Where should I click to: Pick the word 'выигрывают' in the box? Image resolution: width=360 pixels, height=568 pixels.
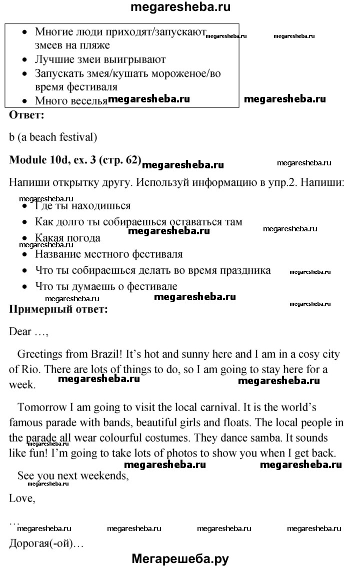pyautogui.click(x=135, y=60)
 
